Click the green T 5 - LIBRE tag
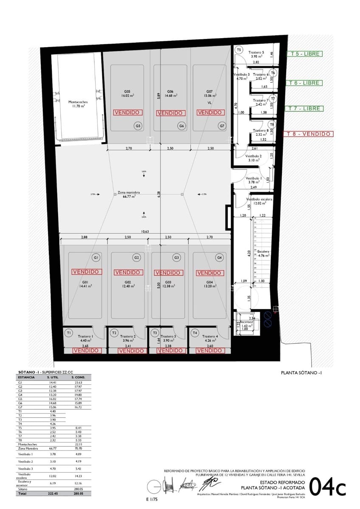point(304,54)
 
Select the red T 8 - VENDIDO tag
point(308,134)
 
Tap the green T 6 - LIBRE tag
point(304,83)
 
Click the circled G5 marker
point(138,126)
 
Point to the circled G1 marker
point(96,257)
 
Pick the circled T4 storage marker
point(195,333)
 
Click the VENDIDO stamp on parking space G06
point(170,113)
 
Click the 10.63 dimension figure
point(145,232)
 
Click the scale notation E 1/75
point(152,500)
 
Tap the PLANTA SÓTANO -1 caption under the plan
point(302,373)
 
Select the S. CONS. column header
point(79,377)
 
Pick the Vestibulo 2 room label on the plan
point(255,156)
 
